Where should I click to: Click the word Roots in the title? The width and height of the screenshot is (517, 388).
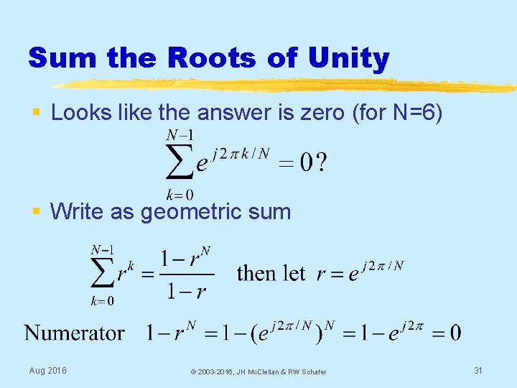click(180, 58)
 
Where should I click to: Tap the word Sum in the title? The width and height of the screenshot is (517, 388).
click(62, 58)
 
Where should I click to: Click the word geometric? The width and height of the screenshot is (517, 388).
click(187, 212)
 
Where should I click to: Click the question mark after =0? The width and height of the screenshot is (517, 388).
click(322, 164)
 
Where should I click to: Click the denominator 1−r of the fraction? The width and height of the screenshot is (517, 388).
click(187, 291)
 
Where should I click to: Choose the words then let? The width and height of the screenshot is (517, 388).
click(270, 274)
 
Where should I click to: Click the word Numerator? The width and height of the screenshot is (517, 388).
click(75, 333)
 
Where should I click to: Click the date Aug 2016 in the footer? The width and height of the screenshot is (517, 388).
click(47, 371)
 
